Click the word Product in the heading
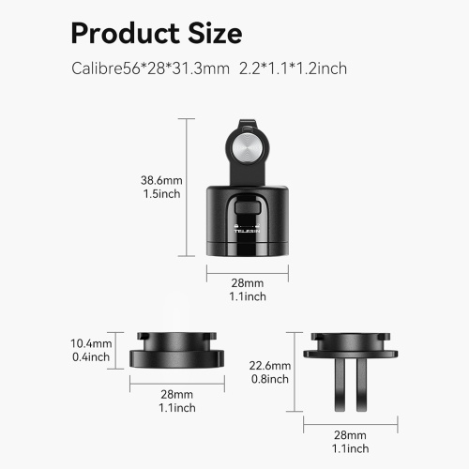pyautogui.click(x=125, y=33)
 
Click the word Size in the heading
pyautogui.click(x=215, y=33)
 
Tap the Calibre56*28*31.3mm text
pyautogui.click(x=150, y=68)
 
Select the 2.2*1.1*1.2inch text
pyautogui.click(x=293, y=68)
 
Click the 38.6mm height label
pyautogui.click(x=161, y=180)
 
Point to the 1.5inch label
pyautogui.click(x=161, y=194)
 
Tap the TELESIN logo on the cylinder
pyautogui.click(x=247, y=231)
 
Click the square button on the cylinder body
pyautogui.click(x=248, y=207)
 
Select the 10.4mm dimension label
pyautogui.click(x=91, y=343)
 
